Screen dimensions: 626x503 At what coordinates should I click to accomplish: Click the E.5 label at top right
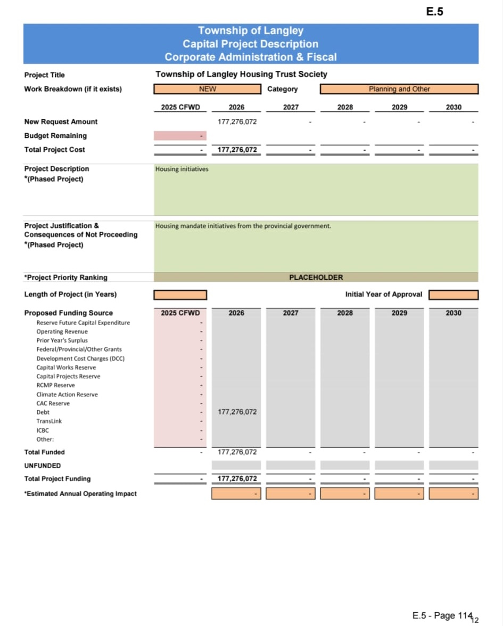click(x=434, y=12)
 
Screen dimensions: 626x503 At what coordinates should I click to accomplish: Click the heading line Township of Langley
click(x=250, y=31)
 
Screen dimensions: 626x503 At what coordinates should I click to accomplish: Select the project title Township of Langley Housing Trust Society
click(x=241, y=74)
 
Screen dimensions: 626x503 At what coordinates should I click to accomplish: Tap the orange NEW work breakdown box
click(x=207, y=89)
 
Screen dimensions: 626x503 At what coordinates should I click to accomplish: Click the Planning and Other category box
click(x=399, y=89)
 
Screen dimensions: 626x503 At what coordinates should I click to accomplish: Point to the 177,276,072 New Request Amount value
click(x=237, y=121)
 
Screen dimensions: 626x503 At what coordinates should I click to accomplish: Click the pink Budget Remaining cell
click(x=180, y=136)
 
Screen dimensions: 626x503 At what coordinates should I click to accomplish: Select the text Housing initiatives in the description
click(x=182, y=169)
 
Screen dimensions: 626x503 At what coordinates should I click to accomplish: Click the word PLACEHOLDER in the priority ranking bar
click(x=316, y=277)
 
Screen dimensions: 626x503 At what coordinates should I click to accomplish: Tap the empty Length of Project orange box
click(x=180, y=295)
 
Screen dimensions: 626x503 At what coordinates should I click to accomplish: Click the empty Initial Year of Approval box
click(x=453, y=295)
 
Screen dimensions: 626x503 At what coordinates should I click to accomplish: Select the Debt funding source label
click(x=43, y=412)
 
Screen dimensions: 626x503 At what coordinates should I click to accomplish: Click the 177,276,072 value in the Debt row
click(x=237, y=412)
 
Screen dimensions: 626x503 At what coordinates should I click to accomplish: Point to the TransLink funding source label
click(x=49, y=421)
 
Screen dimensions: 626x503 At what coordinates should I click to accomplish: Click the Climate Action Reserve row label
click(x=67, y=394)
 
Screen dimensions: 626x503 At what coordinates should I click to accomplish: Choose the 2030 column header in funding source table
click(x=453, y=313)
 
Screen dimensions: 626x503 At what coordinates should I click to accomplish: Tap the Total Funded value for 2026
click(x=237, y=452)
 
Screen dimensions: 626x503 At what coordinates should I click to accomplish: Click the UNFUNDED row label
click(x=42, y=465)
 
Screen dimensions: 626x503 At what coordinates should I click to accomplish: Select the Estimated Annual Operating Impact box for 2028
click(x=345, y=493)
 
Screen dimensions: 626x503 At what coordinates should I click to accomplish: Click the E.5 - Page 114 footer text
click(x=442, y=615)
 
